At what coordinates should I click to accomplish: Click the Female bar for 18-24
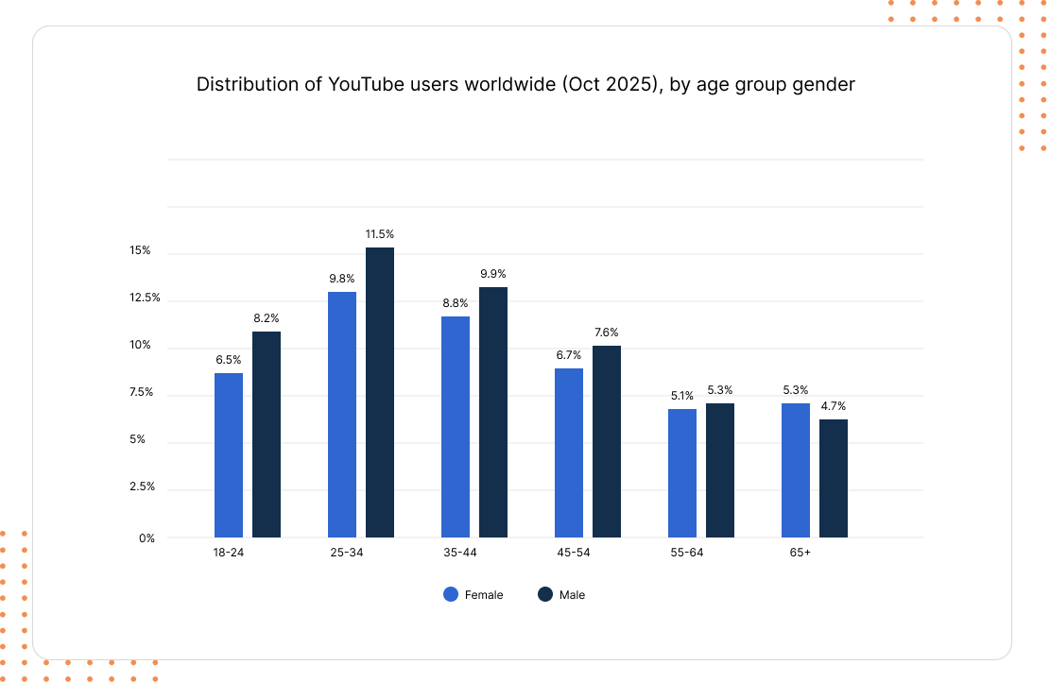[229, 455]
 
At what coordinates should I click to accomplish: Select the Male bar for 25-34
[380, 392]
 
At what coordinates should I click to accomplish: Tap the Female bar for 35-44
[456, 427]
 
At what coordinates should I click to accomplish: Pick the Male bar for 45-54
[607, 441]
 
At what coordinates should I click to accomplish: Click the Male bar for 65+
[834, 478]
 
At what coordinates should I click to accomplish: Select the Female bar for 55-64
[682, 473]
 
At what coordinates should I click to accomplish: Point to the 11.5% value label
[380, 233]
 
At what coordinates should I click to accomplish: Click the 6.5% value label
[229, 359]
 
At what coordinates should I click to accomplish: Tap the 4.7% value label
[834, 405]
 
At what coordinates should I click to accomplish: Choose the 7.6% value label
[607, 332]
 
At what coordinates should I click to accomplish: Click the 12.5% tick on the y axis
[146, 298]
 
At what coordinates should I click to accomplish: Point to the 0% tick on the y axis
[147, 538]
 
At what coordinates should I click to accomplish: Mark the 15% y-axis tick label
[141, 250]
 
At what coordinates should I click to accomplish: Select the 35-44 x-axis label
[460, 553]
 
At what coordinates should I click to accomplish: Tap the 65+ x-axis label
[800, 553]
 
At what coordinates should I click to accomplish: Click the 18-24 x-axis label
[229, 553]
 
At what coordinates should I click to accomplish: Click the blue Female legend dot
[451, 594]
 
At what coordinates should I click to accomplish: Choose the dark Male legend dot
[545, 594]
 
